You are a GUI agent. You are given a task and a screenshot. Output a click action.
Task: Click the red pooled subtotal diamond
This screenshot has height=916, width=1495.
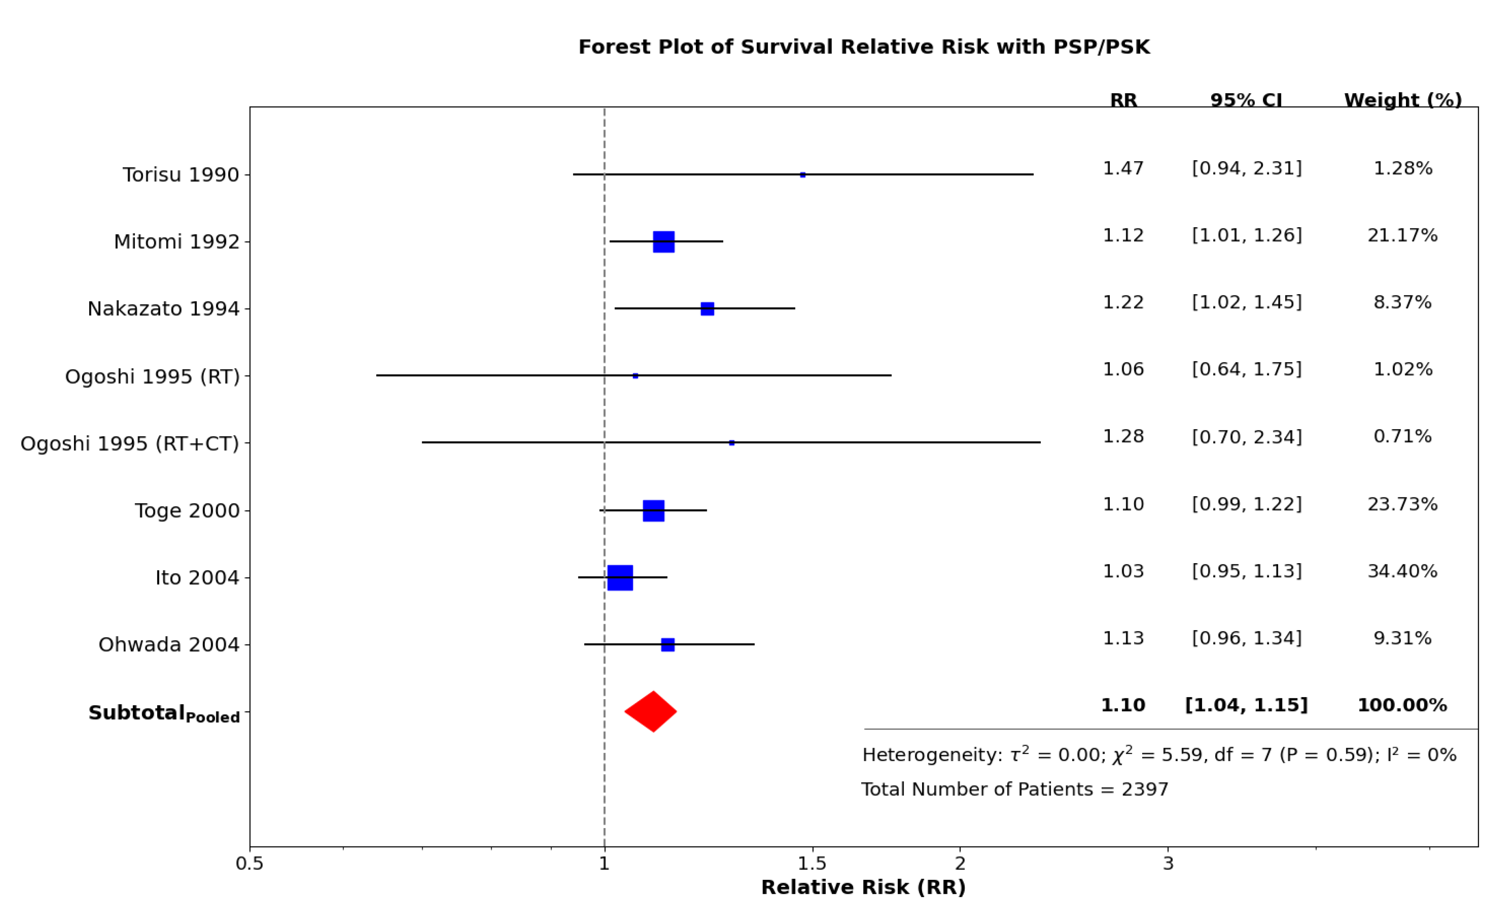[651, 711]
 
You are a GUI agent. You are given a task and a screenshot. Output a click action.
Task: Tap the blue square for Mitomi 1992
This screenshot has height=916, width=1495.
[663, 242]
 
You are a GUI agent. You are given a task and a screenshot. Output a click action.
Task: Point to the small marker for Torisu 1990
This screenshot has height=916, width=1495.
[802, 175]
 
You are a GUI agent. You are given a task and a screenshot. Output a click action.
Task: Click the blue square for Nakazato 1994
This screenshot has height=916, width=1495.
[707, 309]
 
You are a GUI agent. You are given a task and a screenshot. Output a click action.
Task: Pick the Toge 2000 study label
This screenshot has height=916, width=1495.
[187, 510]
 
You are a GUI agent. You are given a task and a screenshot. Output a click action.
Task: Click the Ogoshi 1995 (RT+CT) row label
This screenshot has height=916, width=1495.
[130, 444]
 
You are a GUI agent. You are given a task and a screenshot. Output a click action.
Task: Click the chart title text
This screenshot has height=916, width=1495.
[863, 47]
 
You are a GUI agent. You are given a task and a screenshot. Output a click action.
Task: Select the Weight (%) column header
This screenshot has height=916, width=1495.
[1402, 100]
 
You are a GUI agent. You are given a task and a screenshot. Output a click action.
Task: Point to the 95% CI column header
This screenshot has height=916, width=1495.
[1246, 100]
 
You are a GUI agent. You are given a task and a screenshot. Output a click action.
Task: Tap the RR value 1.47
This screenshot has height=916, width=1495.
[1122, 168]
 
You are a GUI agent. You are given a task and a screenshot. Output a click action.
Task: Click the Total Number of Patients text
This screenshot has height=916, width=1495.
[1014, 789]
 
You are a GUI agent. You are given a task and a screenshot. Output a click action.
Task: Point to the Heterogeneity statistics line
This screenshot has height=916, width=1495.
[1158, 755]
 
